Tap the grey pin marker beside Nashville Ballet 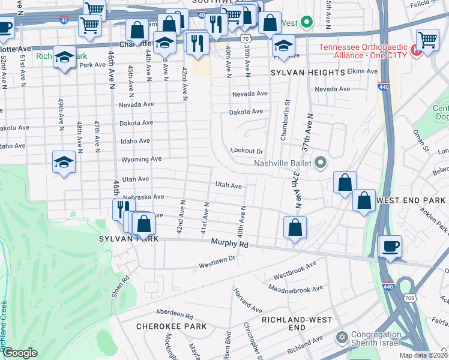click(321, 162)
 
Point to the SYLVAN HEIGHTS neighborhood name click(307, 72)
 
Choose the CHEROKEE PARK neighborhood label click(171, 326)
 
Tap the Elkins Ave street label click(363, 71)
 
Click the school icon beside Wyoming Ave click(64, 163)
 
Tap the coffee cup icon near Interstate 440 click(390, 246)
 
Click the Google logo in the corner click(20, 353)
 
